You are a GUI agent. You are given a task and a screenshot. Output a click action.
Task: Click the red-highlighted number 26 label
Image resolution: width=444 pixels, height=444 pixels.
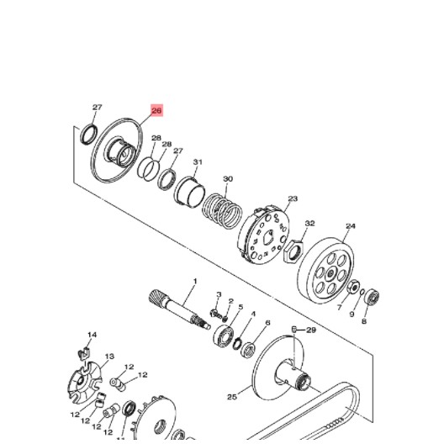(x=156, y=110)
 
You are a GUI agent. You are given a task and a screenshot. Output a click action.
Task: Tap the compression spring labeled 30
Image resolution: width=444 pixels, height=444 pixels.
(x=223, y=211)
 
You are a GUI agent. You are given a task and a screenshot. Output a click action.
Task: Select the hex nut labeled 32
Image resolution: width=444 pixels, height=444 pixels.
(x=293, y=251)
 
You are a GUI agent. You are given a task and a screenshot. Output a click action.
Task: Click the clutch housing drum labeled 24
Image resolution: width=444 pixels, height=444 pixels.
(x=326, y=271)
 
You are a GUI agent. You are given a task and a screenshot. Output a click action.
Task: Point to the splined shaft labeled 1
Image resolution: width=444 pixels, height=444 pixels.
(x=179, y=309)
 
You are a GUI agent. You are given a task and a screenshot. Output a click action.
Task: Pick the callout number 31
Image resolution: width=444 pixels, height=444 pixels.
(x=198, y=162)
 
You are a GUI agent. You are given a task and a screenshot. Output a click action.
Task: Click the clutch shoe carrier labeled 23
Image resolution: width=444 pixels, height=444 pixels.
(x=263, y=235)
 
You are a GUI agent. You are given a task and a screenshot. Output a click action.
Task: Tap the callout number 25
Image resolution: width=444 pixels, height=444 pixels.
(x=232, y=397)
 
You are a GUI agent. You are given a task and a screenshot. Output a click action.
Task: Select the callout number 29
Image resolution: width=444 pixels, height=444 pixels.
(x=311, y=330)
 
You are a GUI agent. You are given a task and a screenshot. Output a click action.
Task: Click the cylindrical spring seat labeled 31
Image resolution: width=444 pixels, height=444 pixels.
(x=189, y=192)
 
